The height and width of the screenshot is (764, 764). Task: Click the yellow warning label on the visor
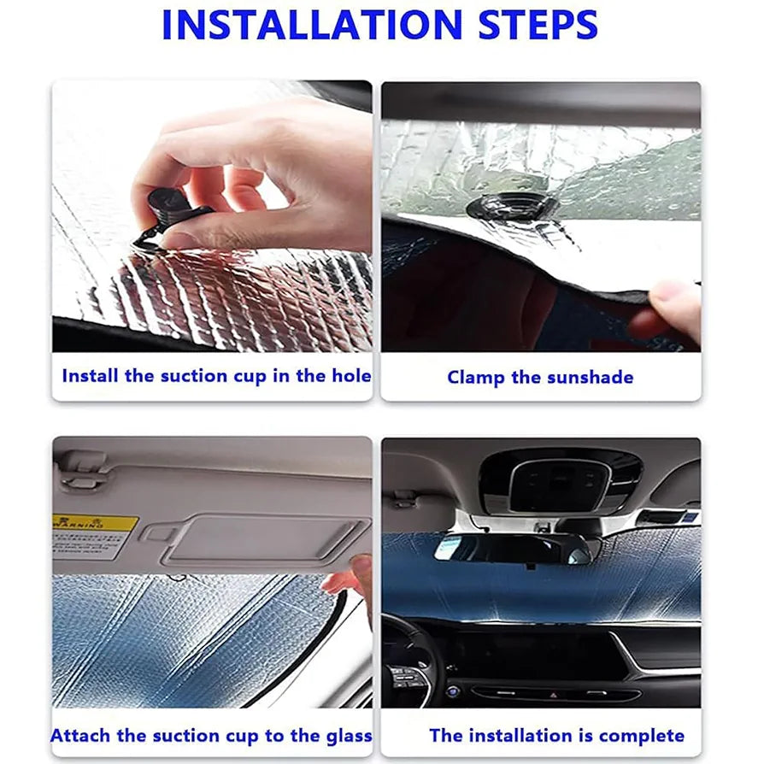click(x=94, y=534)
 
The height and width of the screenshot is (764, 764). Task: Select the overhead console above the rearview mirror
click(x=559, y=483)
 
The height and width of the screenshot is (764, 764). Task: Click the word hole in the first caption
click(x=351, y=376)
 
